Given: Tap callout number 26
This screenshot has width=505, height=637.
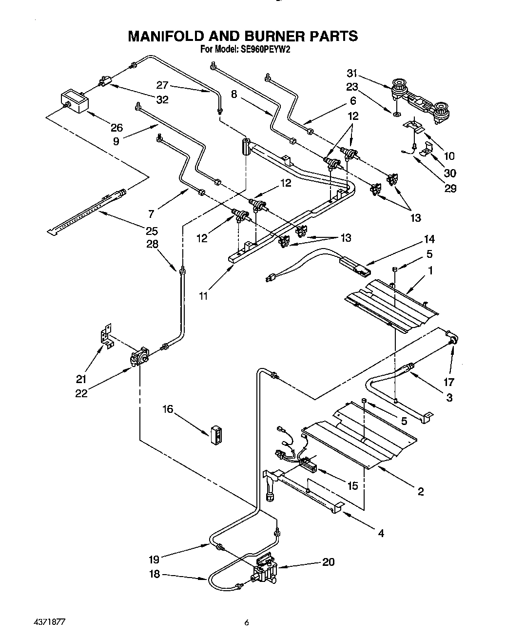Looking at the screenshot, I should point(116,128).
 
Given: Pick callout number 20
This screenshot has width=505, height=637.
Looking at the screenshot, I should point(329,562).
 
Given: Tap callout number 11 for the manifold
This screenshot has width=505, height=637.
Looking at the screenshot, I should point(203,295).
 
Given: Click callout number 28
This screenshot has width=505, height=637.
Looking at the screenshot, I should point(152,244).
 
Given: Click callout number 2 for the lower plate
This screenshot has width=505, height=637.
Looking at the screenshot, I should point(421,491).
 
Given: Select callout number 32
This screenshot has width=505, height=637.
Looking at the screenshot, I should point(162,99).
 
